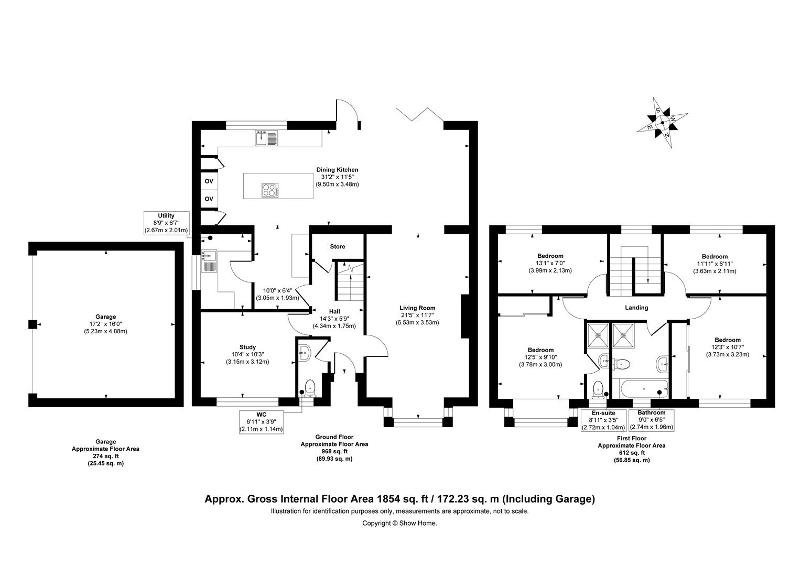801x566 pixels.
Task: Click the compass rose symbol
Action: pos(663,123)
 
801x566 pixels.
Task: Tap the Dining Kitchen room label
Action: pos(337,170)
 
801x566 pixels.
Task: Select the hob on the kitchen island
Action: pos(270,189)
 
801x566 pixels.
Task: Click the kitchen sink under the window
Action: pos(268,138)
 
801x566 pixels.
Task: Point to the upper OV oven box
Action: pos(209,181)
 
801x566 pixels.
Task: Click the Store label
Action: pos(338,246)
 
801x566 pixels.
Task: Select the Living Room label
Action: pos(417,308)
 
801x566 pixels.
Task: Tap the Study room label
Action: pos(247,347)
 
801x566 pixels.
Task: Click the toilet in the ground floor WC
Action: pos(309,387)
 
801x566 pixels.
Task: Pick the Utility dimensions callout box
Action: pos(166,223)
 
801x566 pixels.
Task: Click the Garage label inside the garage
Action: pos(105,317)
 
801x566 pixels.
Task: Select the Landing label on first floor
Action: pos(636,308)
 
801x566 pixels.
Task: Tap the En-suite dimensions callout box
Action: pos(603,420)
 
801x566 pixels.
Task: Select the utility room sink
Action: pos(209,261)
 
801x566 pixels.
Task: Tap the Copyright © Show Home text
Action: pos(399,523)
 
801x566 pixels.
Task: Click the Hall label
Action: pos(334,311)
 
